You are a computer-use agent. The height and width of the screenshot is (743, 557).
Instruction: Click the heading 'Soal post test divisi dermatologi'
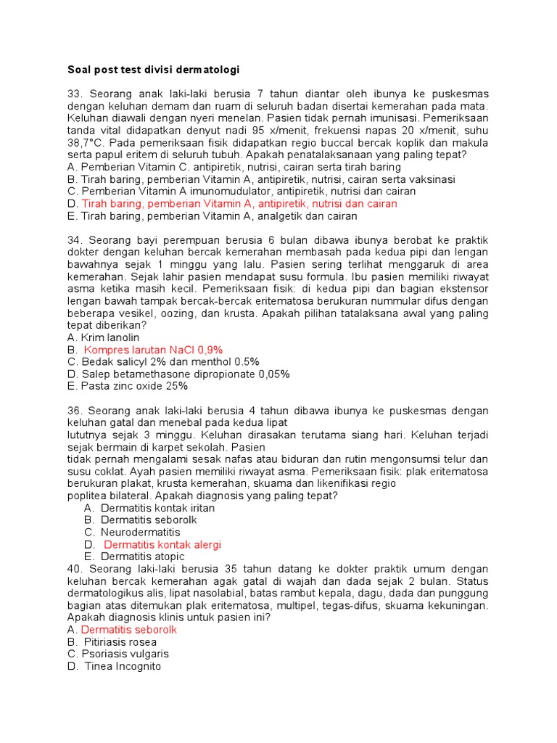click(x=153, y=70)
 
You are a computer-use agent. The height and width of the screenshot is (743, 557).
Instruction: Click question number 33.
click(x=75, y=94)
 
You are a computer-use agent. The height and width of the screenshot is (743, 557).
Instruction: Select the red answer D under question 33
click(x=239, y=204)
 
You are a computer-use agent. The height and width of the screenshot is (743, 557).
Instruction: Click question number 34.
click(x=75, y=240)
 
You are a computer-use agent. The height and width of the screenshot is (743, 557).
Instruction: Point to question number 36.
click(x=75, y=411)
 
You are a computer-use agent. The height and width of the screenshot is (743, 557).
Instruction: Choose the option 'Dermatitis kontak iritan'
click(x=157, y=508)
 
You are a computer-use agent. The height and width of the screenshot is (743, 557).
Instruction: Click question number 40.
click(x=75, y=569)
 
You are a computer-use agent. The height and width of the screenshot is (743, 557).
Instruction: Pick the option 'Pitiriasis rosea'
click(x=126, y=642)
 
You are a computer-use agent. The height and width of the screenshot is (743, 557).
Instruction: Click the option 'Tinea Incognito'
click(x=123, y=666)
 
